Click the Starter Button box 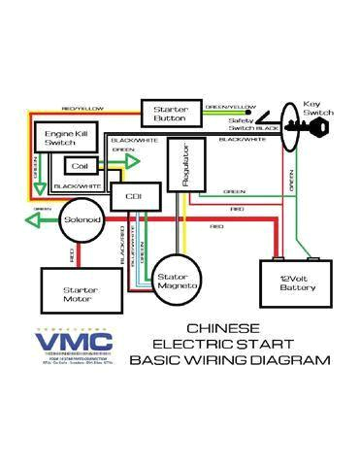(x=171, y=114)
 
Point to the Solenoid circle (x=81, y=220)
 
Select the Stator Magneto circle (x=179, y=283)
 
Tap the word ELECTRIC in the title (x=190, y=345)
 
